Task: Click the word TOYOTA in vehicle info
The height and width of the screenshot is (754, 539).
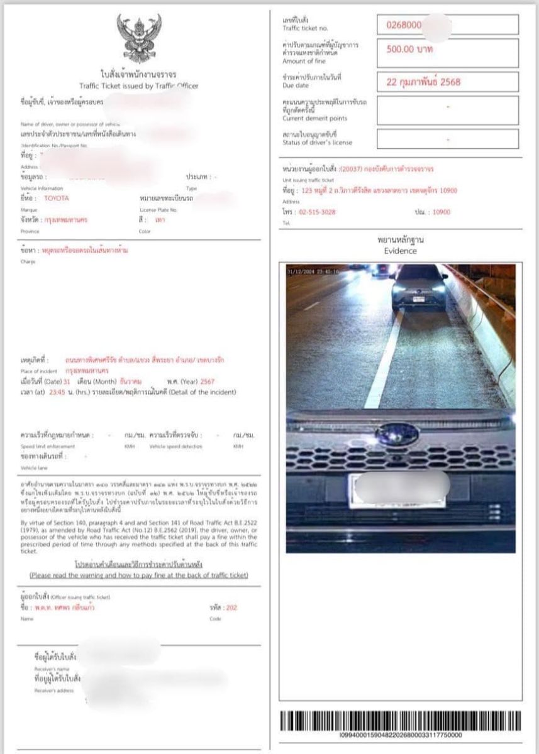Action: click(57, 198)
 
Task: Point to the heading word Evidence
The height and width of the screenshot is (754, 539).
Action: click(401, 251)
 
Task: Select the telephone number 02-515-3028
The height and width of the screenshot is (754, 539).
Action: click(318, 212)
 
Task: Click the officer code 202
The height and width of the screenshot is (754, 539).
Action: click(231, 608)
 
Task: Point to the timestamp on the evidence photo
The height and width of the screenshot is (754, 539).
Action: click(313, 271)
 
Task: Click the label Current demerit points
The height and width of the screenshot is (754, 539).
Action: click(315, 118)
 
